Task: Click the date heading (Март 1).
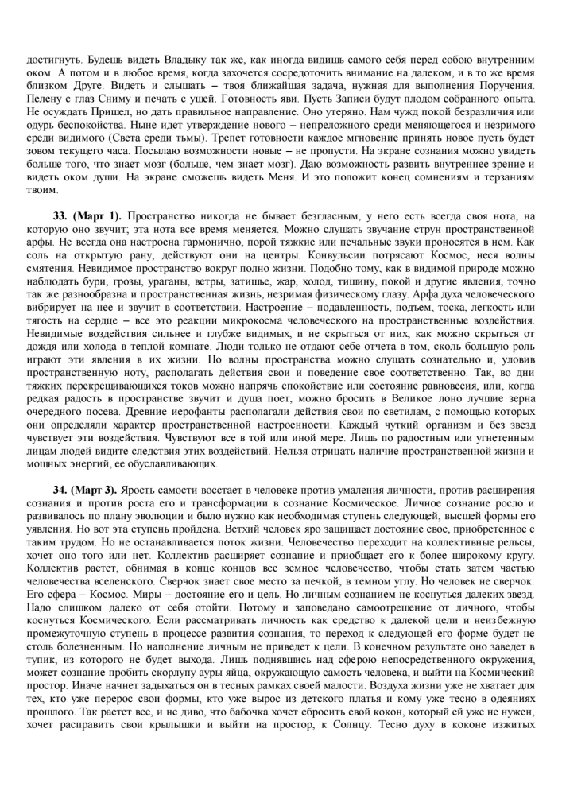[x=99, y=215]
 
